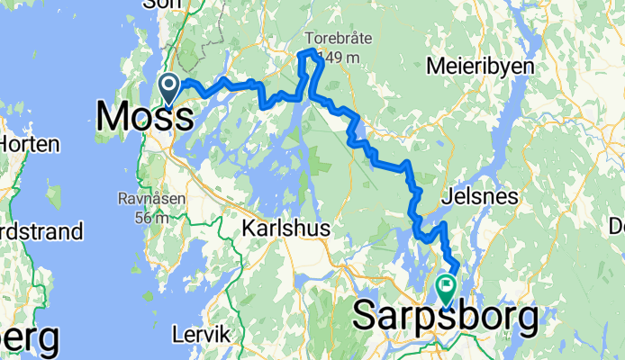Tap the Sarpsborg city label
pyautogui.click(x=446, y=316)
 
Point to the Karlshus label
pyautogui.click(x=286, y=229)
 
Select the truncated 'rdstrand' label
pyautogui.click(x=41, y=232)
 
